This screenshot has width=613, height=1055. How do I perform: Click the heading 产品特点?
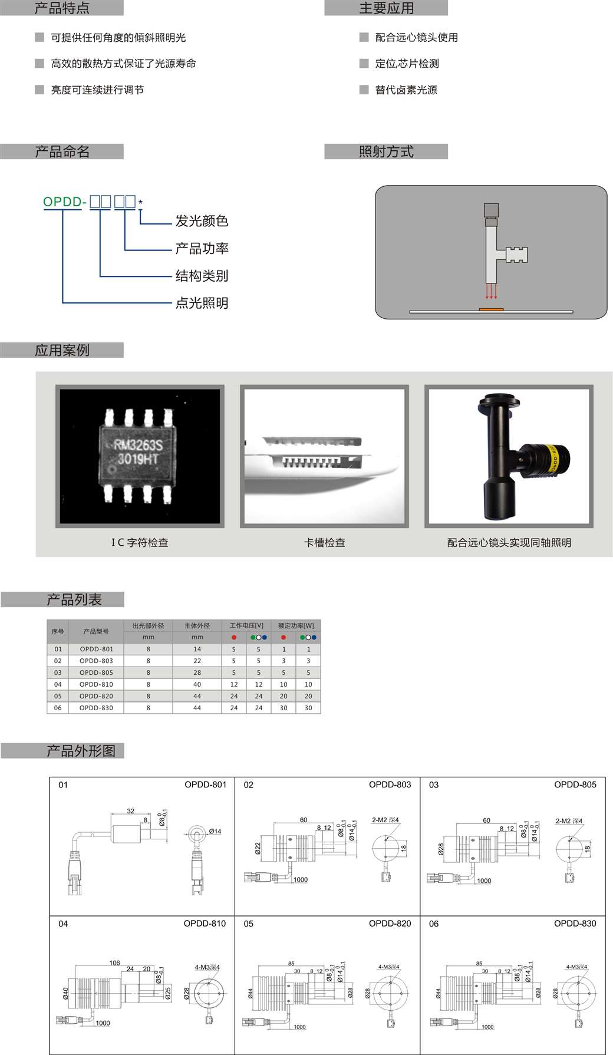click(62, 8)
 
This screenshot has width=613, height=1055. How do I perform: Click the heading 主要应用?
click(387, 8)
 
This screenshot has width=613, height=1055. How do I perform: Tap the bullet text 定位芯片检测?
click(407, 64)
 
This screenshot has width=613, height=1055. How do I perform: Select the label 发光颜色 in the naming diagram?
click(202, 221)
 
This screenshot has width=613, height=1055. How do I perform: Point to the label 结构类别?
click(202, 276)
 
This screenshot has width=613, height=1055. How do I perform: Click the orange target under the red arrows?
click(490, 309)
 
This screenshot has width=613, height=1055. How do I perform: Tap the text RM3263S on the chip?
click(137, 445)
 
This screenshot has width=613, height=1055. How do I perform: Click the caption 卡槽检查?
click(324, 543)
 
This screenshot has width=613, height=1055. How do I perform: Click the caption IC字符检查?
click(140, 543)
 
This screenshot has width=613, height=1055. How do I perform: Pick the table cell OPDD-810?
click(96, 684)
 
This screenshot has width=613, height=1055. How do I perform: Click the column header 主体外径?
click(197, 626)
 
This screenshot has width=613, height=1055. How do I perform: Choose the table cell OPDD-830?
click(96, 708)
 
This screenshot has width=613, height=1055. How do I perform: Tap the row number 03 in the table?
click(58, 672)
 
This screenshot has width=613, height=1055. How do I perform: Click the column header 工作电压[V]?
click(246, 626)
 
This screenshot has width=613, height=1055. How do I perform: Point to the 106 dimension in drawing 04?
click(114, 963)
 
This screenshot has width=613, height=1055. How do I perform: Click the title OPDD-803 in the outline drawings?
click(390, 784)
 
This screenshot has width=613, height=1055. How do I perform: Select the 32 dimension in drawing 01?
click(131, 811)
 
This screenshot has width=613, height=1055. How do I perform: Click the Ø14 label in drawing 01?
click(215, 832)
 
